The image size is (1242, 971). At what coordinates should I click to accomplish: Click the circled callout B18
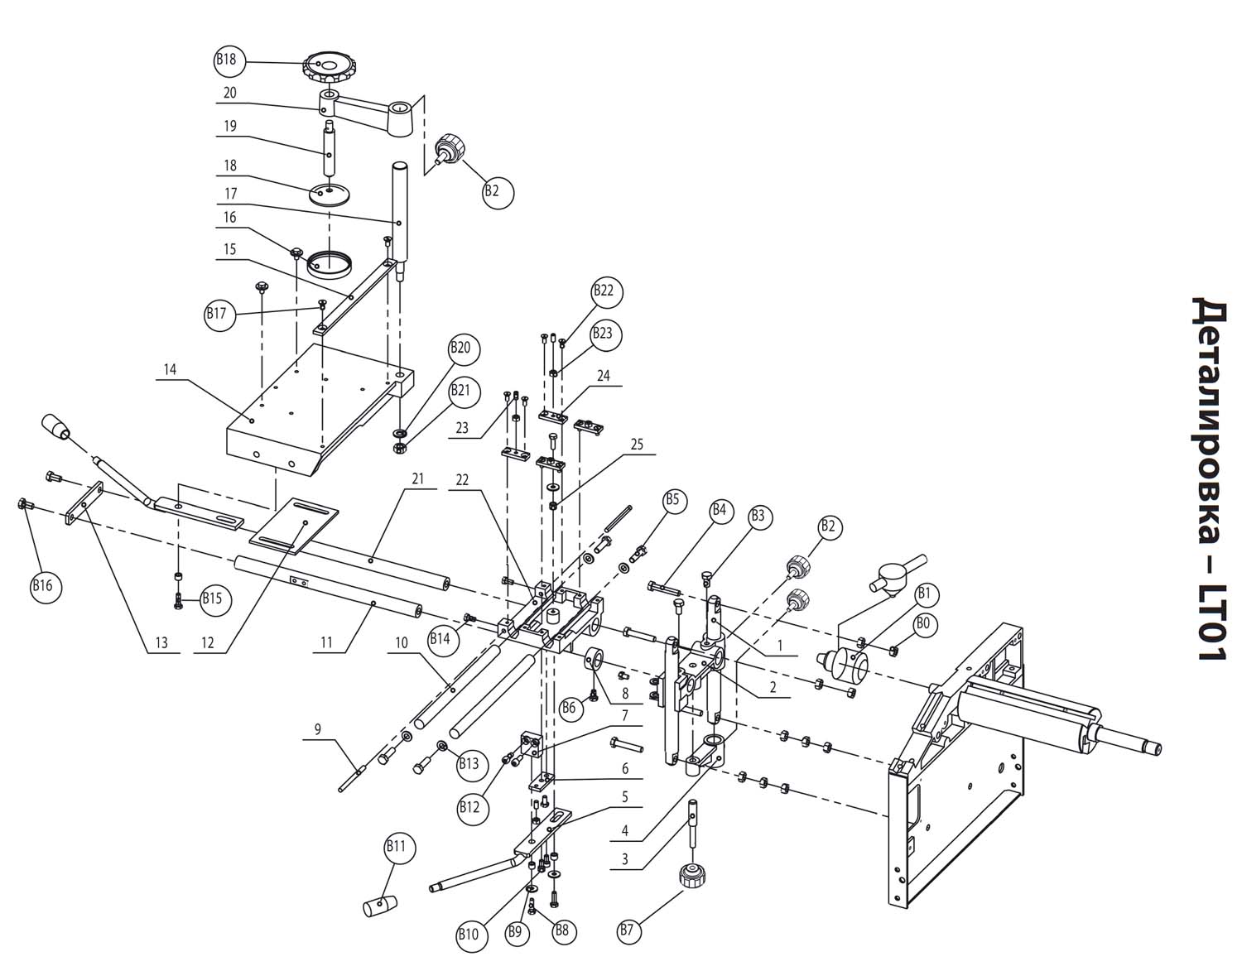coord(229,60)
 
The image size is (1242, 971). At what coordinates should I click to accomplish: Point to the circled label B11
coord(396,847)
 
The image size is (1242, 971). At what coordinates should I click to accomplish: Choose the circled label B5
coord(672,500)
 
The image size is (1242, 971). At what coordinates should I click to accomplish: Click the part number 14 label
coord(171,369)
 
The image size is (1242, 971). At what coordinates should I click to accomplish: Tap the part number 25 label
coord(637,445)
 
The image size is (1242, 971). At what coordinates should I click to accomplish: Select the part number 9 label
coord(318,728)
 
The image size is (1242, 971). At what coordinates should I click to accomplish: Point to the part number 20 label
coord(229,93)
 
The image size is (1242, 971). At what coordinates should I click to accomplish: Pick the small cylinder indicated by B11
coord(380,906)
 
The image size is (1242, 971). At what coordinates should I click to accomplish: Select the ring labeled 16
coord(330,263)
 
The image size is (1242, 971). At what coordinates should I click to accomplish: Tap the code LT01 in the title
coord(1211,622)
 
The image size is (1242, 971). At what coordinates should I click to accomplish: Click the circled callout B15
coord(212,598)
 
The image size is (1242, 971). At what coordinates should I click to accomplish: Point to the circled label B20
coord(460,348)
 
